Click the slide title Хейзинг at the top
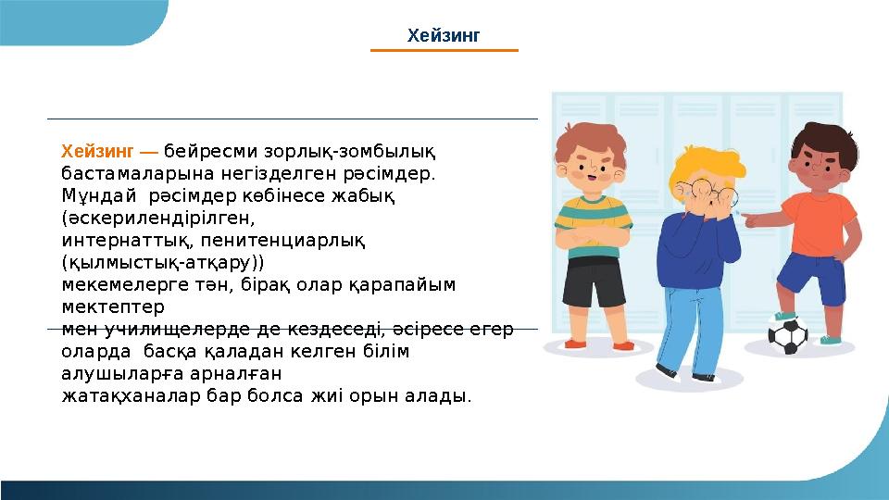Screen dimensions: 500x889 point(444,36)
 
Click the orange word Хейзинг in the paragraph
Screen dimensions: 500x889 point(97,151)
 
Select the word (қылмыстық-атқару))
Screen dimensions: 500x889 point(162,263)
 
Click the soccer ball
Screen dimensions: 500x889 point(788,335)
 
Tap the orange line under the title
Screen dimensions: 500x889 point(444,50)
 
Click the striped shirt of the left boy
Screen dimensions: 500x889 point(593,222)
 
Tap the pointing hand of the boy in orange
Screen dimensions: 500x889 point(752,219)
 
